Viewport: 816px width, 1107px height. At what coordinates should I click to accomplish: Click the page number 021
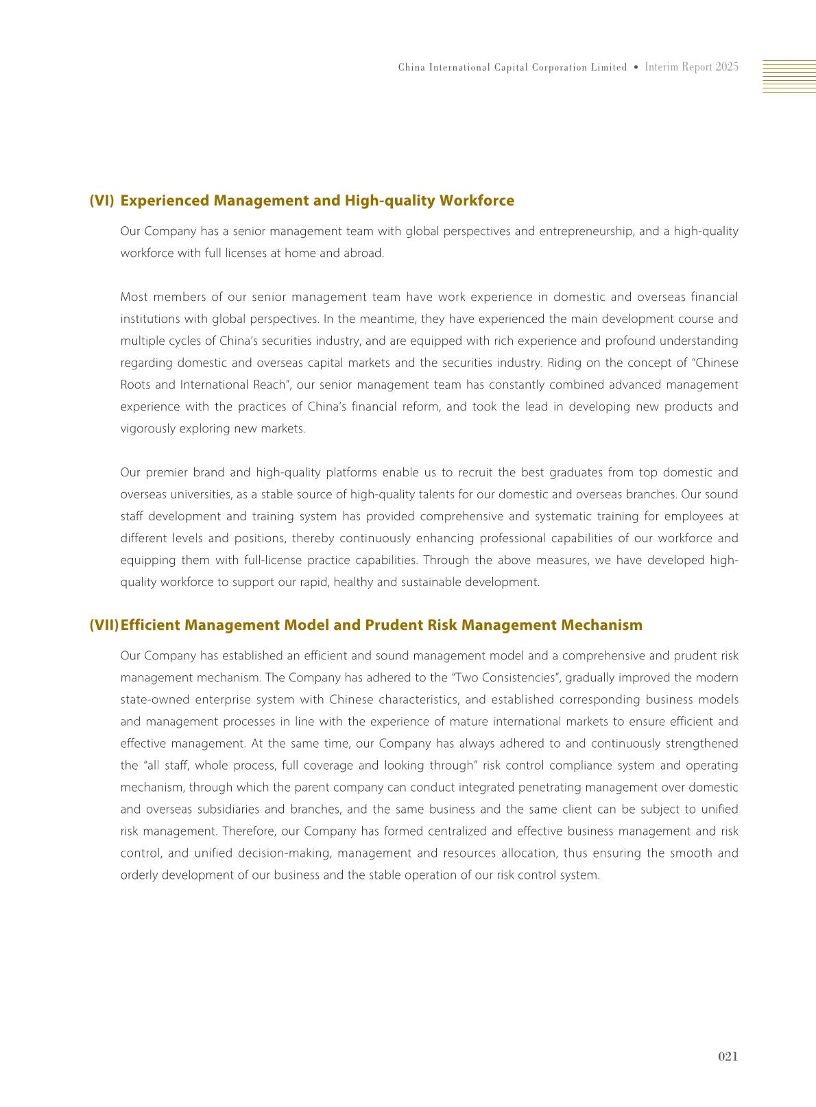click(728, 1056)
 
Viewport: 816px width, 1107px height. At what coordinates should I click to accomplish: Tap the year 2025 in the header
click(726, 67)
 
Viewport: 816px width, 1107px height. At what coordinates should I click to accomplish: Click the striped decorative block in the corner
click(789, 75)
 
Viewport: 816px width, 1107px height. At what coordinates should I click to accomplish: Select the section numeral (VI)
click(101, 201)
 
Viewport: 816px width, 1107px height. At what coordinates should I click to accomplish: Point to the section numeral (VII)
click(104, 625)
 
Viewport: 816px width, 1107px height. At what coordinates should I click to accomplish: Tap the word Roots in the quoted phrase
click(135, 385)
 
